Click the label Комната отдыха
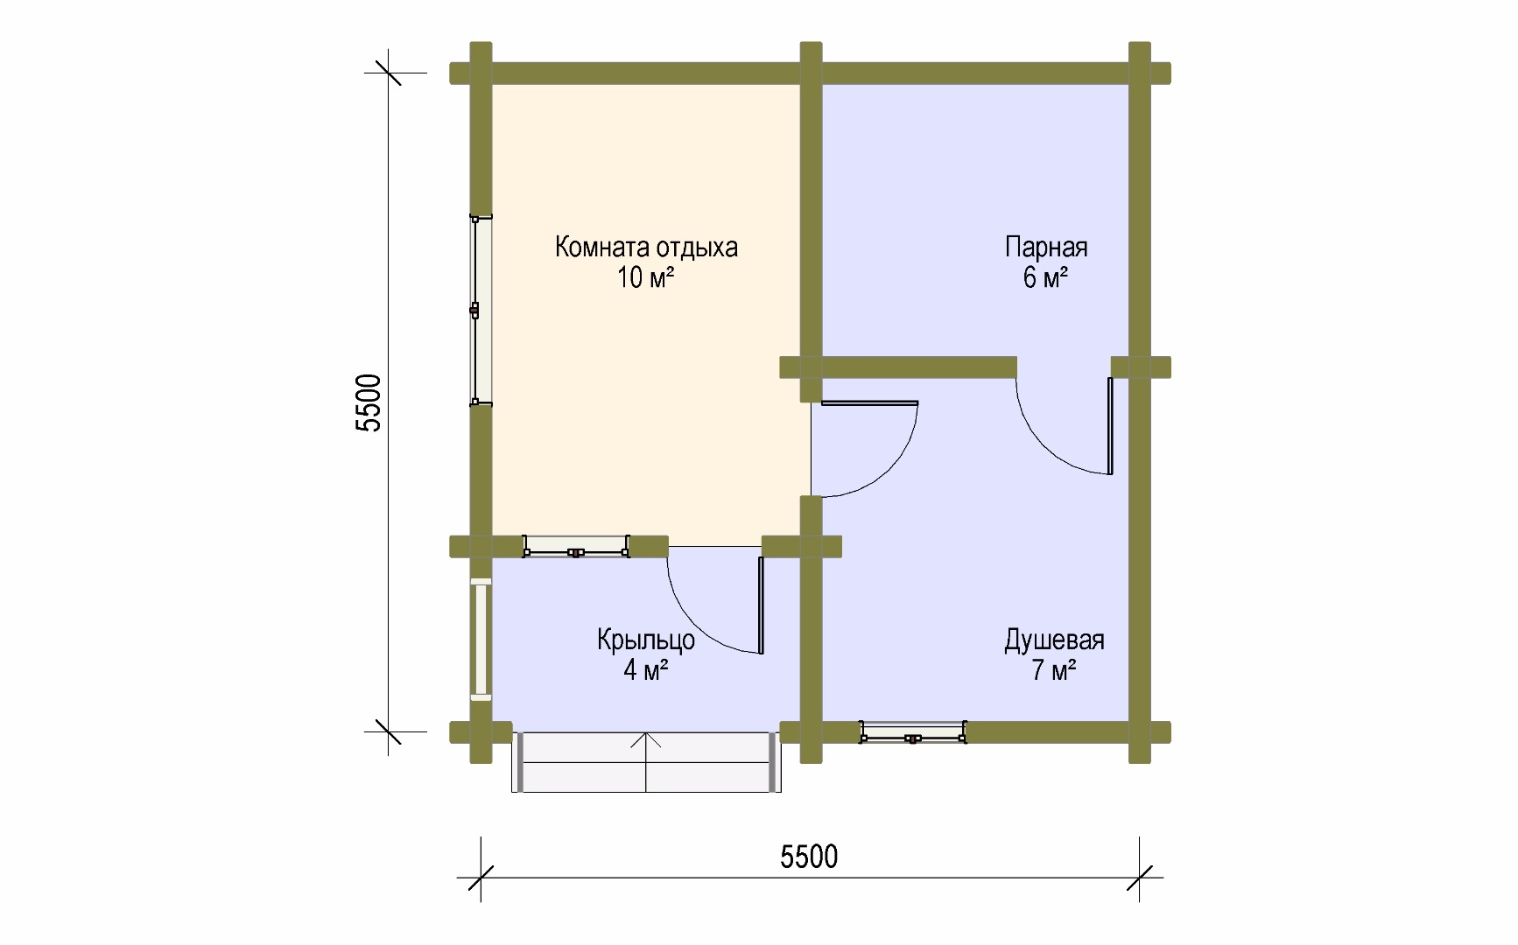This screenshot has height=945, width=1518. point(646,248)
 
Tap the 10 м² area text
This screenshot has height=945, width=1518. point(646,278)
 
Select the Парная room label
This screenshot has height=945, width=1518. point(1046,248)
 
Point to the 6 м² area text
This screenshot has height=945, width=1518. point(1046,278)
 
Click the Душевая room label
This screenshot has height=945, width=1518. point(1054,641)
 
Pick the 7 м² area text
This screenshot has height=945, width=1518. point(1054,672)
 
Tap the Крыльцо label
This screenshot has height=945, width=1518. point(646,640)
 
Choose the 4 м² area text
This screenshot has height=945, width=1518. point(646,672)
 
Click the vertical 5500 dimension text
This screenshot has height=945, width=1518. point(370,402)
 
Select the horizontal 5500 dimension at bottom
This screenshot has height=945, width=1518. point(810,857)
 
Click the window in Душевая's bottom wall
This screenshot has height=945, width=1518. point(913,732)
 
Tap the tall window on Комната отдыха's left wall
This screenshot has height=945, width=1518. point(479,310)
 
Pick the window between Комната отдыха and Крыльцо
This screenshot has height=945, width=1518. point(576,547)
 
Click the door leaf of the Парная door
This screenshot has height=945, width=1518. point(1111,426)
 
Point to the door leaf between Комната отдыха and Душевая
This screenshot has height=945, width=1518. point(865,403)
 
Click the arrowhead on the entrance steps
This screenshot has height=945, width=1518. point(646,740)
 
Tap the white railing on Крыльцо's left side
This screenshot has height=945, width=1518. point(481,639)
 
